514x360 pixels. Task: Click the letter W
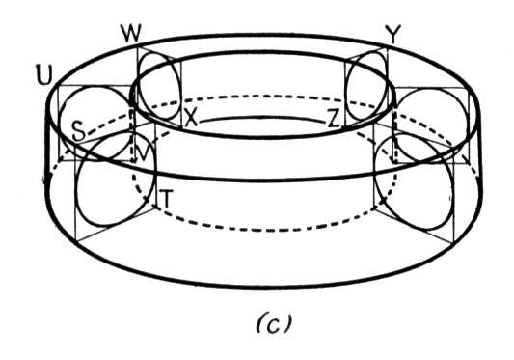click(131, 33)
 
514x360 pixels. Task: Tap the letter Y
click(392, 35)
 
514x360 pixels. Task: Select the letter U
click(44, 74)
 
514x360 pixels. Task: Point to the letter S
click(79, 130)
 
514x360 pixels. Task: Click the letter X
click(191, 117)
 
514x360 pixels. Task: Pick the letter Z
click(334, 119)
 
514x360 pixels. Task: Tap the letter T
click(166, 199)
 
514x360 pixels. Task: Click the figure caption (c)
click(274, 323)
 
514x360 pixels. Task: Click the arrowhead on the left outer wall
click(47, 178)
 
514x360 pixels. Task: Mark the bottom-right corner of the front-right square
click(454, 243)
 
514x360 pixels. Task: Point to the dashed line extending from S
click(108, 124)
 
